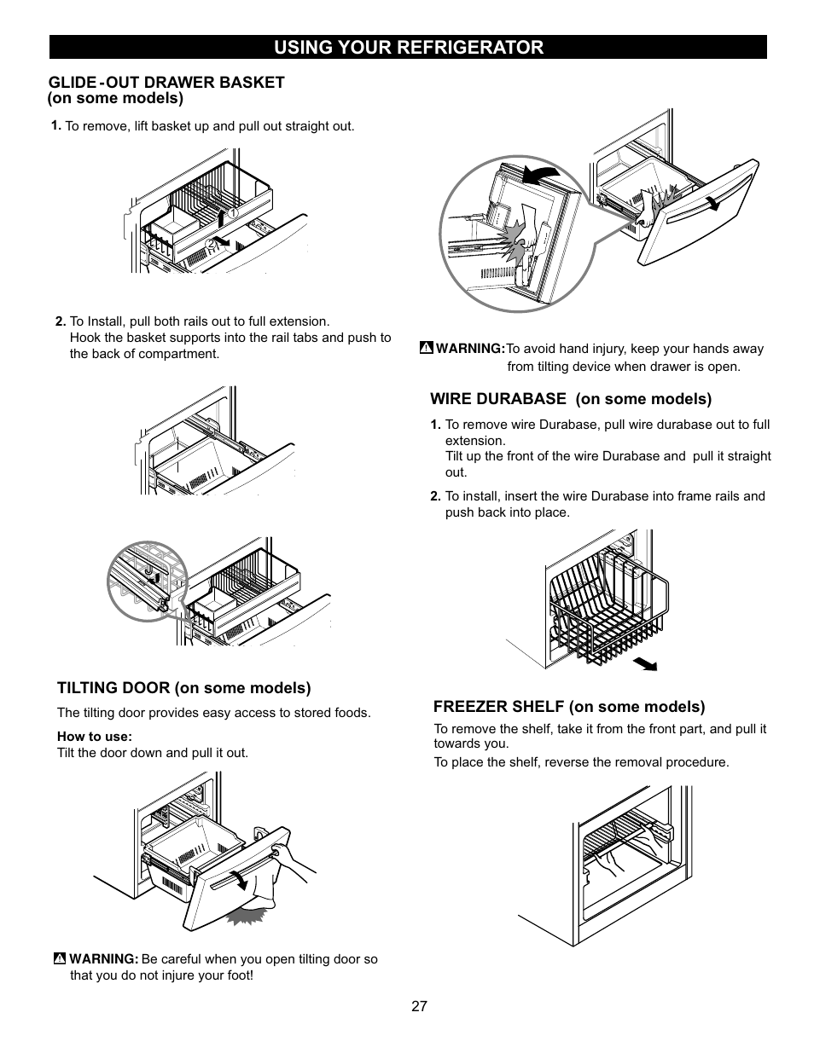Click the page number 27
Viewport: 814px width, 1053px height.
[x=419, y=1006]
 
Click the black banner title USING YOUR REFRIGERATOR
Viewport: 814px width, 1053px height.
[x=409, y=47]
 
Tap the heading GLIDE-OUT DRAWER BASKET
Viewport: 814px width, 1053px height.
[x=166, y=83]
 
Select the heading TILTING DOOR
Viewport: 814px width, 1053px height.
[x=114, y=687]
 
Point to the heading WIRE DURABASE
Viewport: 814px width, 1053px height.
[x=498, y=399]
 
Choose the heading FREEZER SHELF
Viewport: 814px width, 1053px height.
[x=499, y=707]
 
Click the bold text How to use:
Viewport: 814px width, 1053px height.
[x=95, y=737]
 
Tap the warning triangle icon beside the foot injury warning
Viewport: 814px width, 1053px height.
[x=60, y=958]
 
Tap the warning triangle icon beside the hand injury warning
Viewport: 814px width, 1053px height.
[x=427, y=347]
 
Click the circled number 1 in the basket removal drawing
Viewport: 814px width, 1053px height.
[x=233, y=213]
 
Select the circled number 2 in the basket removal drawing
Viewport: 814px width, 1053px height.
[x=212, y=244]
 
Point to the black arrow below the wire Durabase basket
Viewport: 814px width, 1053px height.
[x=645, y=664]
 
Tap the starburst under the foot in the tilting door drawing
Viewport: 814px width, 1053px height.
[x=247, y=916]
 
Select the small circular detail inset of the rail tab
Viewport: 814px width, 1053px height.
[x=148, y=581]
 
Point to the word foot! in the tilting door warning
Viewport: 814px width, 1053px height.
[x=240, y=975]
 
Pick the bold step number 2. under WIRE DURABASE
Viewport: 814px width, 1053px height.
[x=435, y=496]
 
